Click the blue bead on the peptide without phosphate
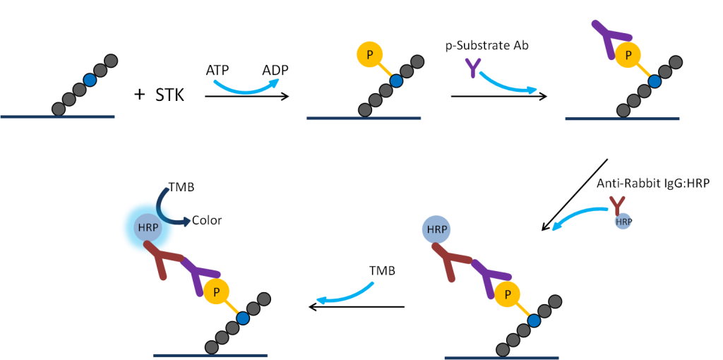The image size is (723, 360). tap(90, 80)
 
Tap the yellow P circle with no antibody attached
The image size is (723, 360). tap(369, 54)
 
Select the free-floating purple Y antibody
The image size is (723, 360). tap(472, 68)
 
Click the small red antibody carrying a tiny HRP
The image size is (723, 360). tap(617, 205)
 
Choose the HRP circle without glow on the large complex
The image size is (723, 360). tap(436, 229)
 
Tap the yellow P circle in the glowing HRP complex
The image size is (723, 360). tap(216, 292)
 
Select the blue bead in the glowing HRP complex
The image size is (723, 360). tap(243, 318)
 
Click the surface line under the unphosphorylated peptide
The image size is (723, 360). tap(57, 116)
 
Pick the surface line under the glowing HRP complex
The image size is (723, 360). tap(210, 355)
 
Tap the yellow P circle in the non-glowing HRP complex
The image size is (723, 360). tap(507, 294)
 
